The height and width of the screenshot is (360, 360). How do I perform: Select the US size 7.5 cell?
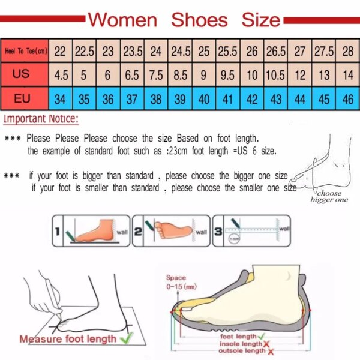[156, 76]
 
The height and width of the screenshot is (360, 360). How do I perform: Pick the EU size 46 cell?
[348, 98]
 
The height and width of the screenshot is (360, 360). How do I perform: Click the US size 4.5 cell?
[61, 76]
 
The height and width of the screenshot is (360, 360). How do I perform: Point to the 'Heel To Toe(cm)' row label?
[25, 52]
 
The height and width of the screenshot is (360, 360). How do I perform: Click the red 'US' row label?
[22, 76]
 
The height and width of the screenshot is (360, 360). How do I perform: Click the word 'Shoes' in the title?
[200, 20]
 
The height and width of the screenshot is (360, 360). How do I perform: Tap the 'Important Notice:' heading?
[41, 119]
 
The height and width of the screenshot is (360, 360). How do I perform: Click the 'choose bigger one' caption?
[329, 197]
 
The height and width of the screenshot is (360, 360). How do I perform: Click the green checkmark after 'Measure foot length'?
[127, 338]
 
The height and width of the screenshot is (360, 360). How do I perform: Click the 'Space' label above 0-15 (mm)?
[176, 278]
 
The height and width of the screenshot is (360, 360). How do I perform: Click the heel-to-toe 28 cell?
[348, 52]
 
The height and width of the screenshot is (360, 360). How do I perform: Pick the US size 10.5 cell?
[275, 76]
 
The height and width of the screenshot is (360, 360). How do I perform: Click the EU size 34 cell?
[61, 98]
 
